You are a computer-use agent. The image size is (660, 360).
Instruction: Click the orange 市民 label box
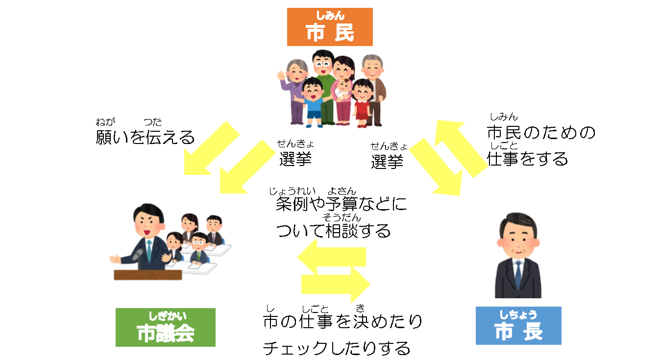pos(330,27)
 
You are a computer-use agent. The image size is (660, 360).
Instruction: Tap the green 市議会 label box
pos(166,327)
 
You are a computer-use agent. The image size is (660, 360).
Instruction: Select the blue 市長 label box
pos(518,326)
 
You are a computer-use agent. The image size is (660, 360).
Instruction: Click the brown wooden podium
pos(147,275)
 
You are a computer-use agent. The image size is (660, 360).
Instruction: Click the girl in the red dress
pos(363,100)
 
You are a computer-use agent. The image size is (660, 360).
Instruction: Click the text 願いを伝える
pos(145,138)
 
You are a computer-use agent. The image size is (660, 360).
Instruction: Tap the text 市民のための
pos(541,133)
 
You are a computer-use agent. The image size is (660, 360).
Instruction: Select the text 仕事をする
pos(527,159)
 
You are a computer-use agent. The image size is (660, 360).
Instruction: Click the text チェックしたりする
pos(337,348)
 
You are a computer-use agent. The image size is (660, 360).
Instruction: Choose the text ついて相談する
pos(334,230)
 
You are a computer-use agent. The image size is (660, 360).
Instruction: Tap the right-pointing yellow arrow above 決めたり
pos(336,284)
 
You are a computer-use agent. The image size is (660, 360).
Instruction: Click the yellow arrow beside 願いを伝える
pos(211,149)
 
